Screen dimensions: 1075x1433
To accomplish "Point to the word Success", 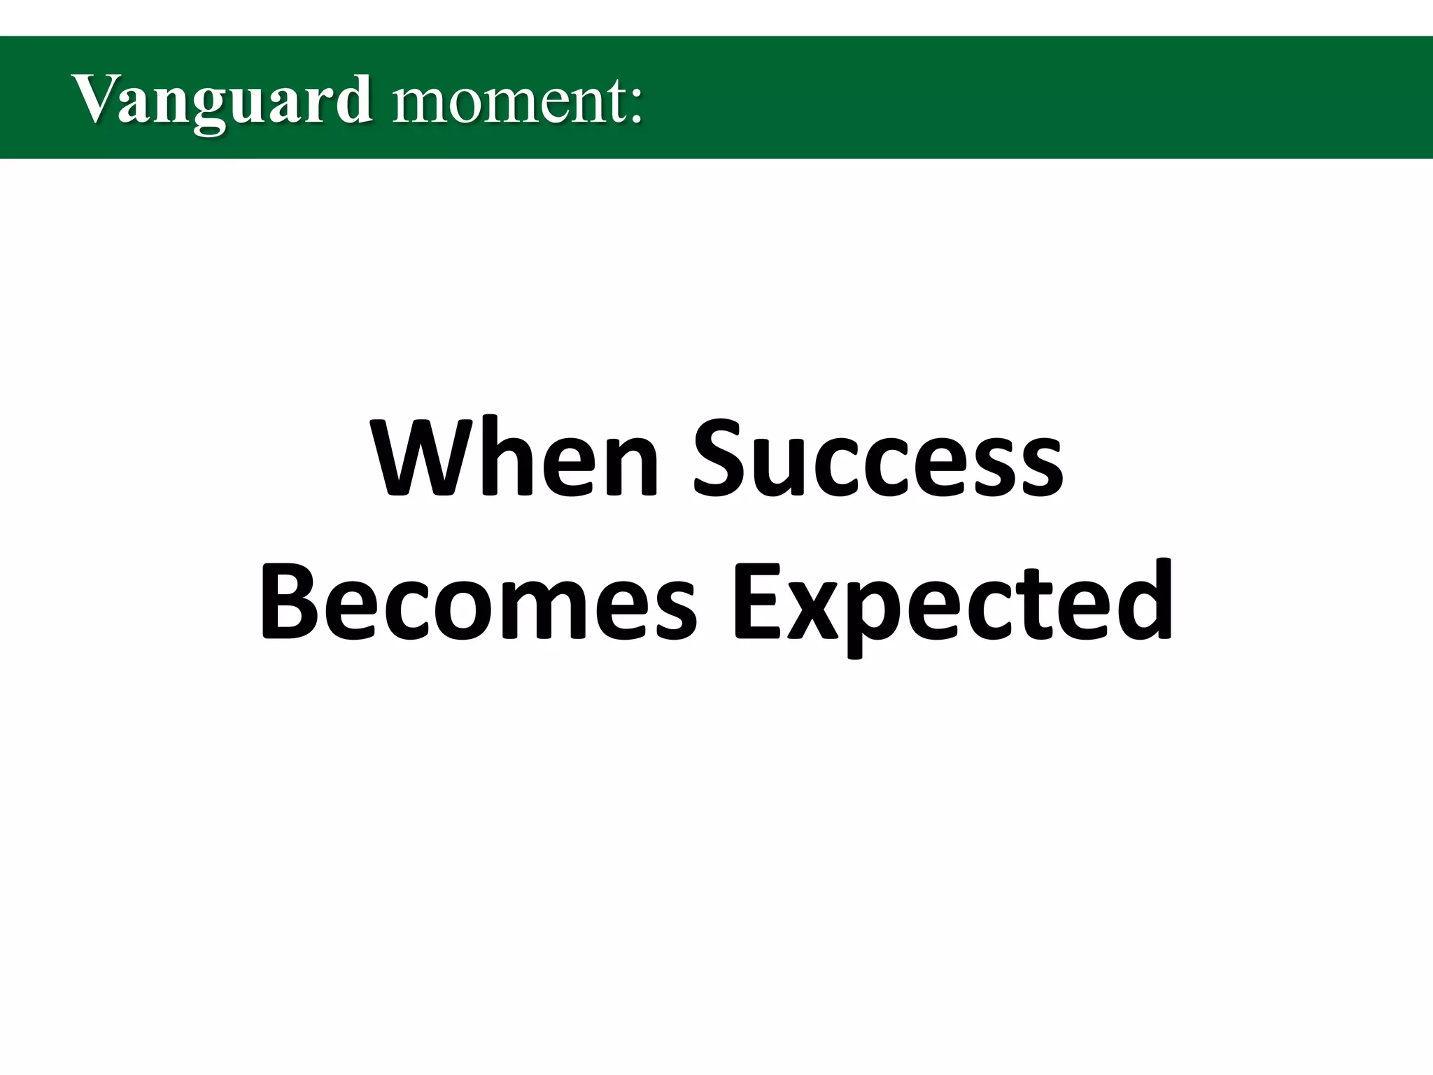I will coord(879,458).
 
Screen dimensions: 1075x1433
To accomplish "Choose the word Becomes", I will coord(479,602).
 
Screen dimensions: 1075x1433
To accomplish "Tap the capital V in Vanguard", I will coord(94,99).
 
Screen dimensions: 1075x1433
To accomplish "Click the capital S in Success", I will coord(722,458).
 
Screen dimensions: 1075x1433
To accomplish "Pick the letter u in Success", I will coord(780,467).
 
